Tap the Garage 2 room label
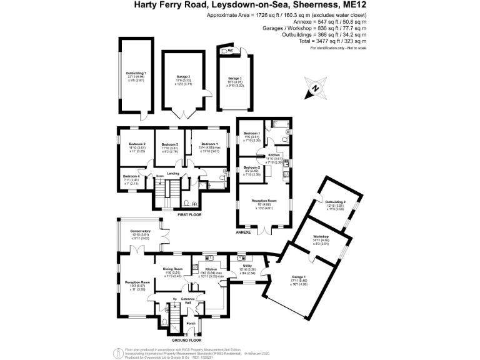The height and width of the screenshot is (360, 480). pyautogui.click(x=183, y=76)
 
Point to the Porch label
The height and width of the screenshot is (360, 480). pyautogui.click(x=191, y=323)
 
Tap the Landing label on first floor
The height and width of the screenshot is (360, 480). pyautogui.click(x=172, y=174)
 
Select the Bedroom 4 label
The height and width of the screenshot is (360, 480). pyautogui.click(x=131, y=175)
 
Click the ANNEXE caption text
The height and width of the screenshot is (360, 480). pyautogui.click(x=242, y=231)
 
